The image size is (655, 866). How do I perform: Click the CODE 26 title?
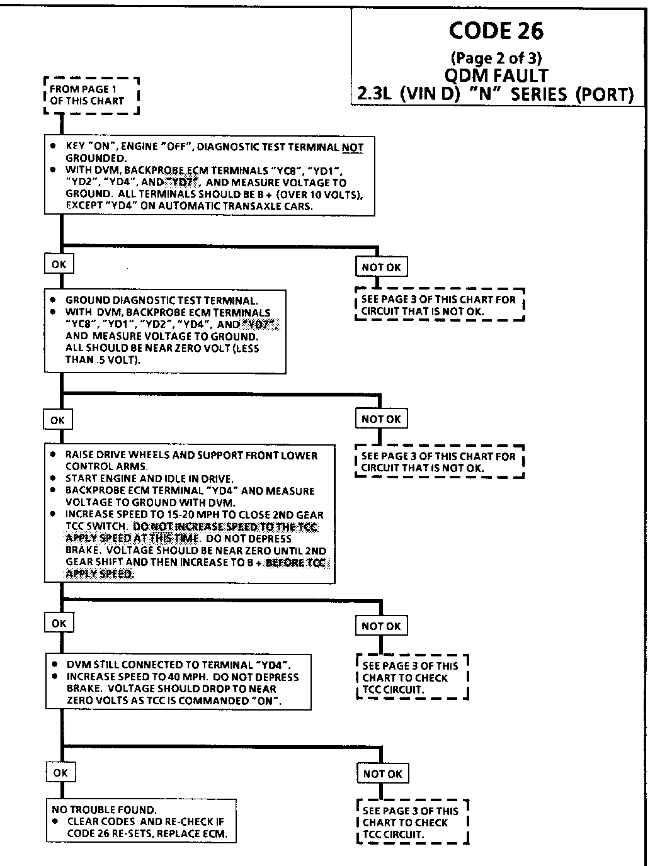496,30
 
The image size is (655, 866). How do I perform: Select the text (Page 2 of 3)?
496,58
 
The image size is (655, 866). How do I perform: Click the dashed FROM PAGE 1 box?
91,95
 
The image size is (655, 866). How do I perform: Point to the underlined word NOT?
353,147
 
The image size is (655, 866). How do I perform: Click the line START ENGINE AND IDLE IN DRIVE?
149,478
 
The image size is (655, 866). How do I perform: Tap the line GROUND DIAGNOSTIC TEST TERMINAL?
161,301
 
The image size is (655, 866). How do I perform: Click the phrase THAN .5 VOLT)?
103,360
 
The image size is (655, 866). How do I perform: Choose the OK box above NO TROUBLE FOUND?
60,772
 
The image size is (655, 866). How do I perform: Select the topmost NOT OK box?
381,267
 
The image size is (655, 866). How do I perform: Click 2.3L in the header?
376,95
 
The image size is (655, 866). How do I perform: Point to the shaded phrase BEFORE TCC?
297,562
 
